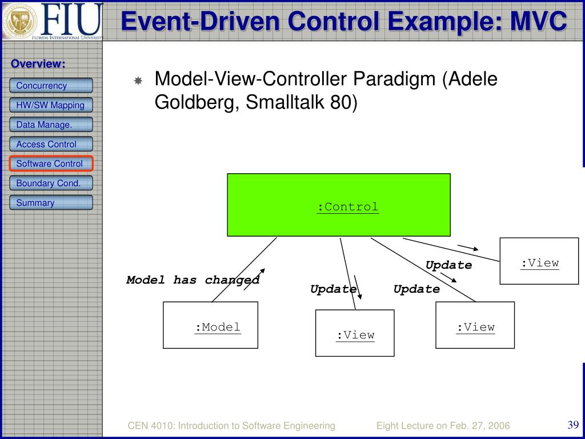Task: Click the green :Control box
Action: [339, 205]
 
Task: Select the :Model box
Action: [210, 325]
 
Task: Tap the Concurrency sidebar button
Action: [51, 86]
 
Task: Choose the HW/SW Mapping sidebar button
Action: [51, 105]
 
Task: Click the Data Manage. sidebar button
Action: [51, 125]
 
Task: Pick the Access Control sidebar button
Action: [51, 144]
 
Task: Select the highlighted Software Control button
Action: [51, 163]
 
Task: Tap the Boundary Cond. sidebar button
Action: [51, 183]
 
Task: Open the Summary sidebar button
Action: [51, 202]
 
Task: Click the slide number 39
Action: [573, 425]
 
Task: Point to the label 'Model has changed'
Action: [193, 280]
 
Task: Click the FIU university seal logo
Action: [20, 21]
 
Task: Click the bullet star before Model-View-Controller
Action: [138, 81]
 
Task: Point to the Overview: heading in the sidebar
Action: [38, 64]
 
